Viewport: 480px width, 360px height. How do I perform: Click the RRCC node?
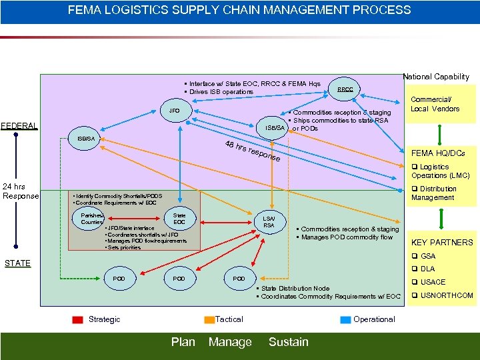[x=345, y=89]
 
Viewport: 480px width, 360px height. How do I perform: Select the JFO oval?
[x=174, y=110]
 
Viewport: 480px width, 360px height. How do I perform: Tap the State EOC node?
[x=179, y=218]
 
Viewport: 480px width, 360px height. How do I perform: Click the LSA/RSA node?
[x=269, y=221]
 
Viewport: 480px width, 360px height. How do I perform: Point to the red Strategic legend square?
[x=78, y=320]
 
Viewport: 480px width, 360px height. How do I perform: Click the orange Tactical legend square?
[x=209, y=320]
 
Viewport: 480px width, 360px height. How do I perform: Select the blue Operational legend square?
[x=345, y=320]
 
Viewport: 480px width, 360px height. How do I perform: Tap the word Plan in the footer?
[x=183, y=342]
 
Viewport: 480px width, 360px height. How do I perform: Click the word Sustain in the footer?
[x=288, y=342]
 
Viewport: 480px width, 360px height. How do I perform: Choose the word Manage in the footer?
[x=230, y=342]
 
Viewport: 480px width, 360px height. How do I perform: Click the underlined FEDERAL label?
[x=19, y=125]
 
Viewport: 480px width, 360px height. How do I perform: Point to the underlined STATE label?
[x=17, y=263]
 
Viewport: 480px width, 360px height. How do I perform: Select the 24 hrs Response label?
[x=21, y=191]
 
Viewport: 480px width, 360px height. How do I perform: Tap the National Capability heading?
[x=437, y=77]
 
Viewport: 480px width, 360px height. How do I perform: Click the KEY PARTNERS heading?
[x=442, y=243]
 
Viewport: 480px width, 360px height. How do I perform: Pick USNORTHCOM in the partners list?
[x=447, y=295]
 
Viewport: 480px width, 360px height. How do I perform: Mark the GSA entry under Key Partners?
[x=427, y=256]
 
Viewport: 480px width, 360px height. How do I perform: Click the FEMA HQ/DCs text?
[x=440, y=153]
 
